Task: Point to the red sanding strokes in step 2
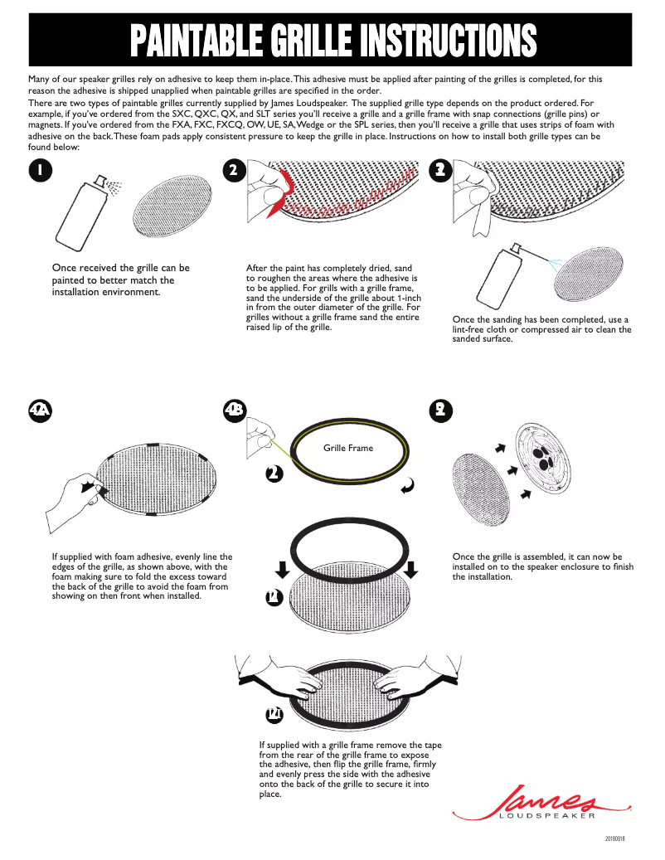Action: coord(348,196)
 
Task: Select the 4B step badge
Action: coord(235,410)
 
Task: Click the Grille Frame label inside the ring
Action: coord(348,448)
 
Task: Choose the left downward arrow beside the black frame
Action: coord(282,569)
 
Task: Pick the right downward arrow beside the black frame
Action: coord(412,569)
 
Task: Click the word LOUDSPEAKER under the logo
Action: coord(547,817)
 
